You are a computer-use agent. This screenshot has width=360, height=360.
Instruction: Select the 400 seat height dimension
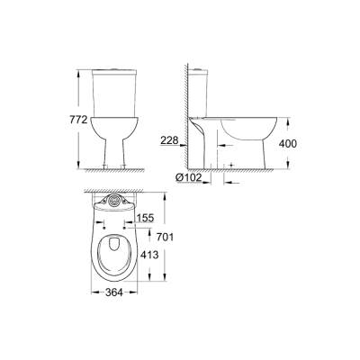[307, 143]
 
